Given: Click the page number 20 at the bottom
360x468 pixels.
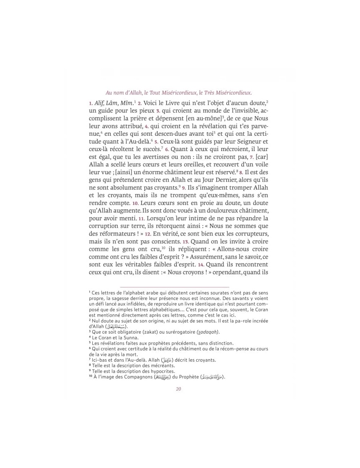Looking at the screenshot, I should click(178, 389).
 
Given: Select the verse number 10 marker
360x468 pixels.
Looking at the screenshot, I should click(135, 203).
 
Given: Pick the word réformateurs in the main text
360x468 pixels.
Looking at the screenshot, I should click(115, 234).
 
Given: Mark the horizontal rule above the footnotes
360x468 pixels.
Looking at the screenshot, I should click(174, 286).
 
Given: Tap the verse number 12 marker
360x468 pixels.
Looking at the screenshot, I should click(147, 234).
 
